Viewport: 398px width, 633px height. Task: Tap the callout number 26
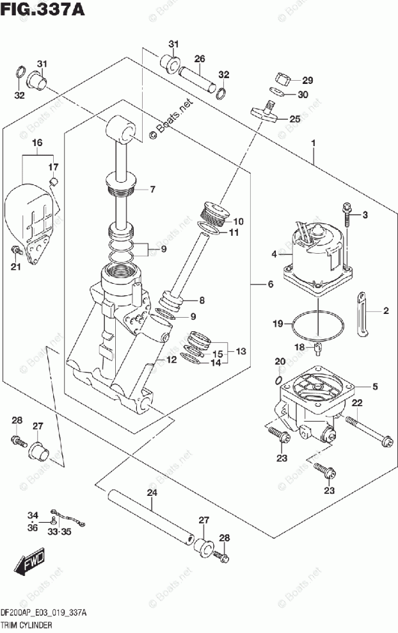point(200,60)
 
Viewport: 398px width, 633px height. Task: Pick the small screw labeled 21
point(13,249)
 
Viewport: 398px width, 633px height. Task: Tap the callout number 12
point(171,360)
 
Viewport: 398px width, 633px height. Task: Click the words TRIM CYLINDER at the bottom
point(26,623)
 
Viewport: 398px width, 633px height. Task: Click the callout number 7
point(153,189)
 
